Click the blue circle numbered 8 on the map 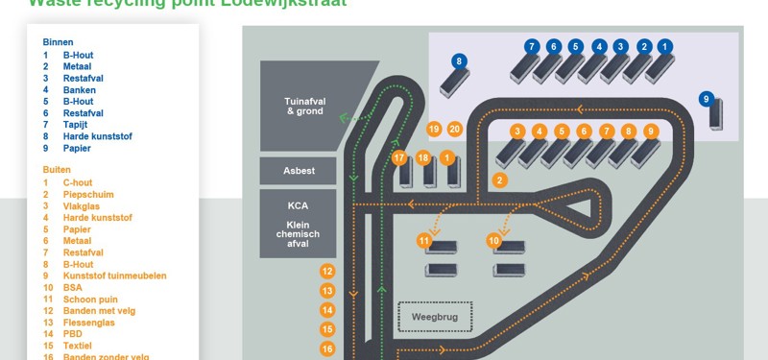click(460, 61)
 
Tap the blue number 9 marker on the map click(707, 98)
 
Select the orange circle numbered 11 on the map click(424, 240)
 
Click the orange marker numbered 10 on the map click(494, 240)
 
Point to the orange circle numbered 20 click(455, 129)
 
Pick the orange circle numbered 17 click(399, 157)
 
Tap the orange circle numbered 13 click(327, 290)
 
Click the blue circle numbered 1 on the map click(665, 46)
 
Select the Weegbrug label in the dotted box click(435, 316)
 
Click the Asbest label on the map click(298, 171)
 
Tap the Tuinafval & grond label click(303, 106)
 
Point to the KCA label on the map click(298, 205)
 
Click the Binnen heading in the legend click(58, 42)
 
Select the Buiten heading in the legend click(57, 170)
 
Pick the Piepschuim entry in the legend click(88, 194)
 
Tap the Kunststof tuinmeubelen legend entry click(114, 276)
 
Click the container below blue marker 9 click(716, 117)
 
